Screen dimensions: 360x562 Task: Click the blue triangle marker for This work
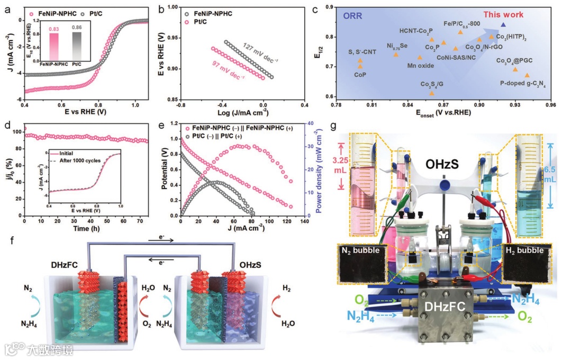[x=503, y=25]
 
